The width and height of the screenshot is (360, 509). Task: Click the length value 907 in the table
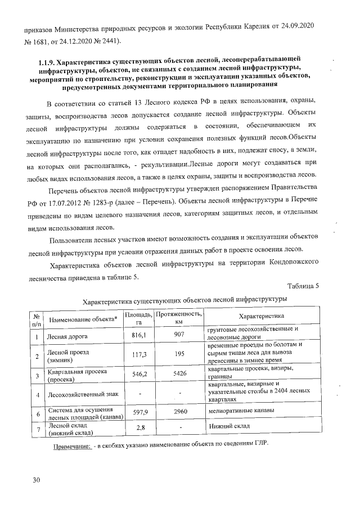(179, 335)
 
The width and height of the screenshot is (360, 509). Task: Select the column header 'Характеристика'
(262, 316)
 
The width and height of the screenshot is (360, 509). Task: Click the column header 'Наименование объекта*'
(83, 319)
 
